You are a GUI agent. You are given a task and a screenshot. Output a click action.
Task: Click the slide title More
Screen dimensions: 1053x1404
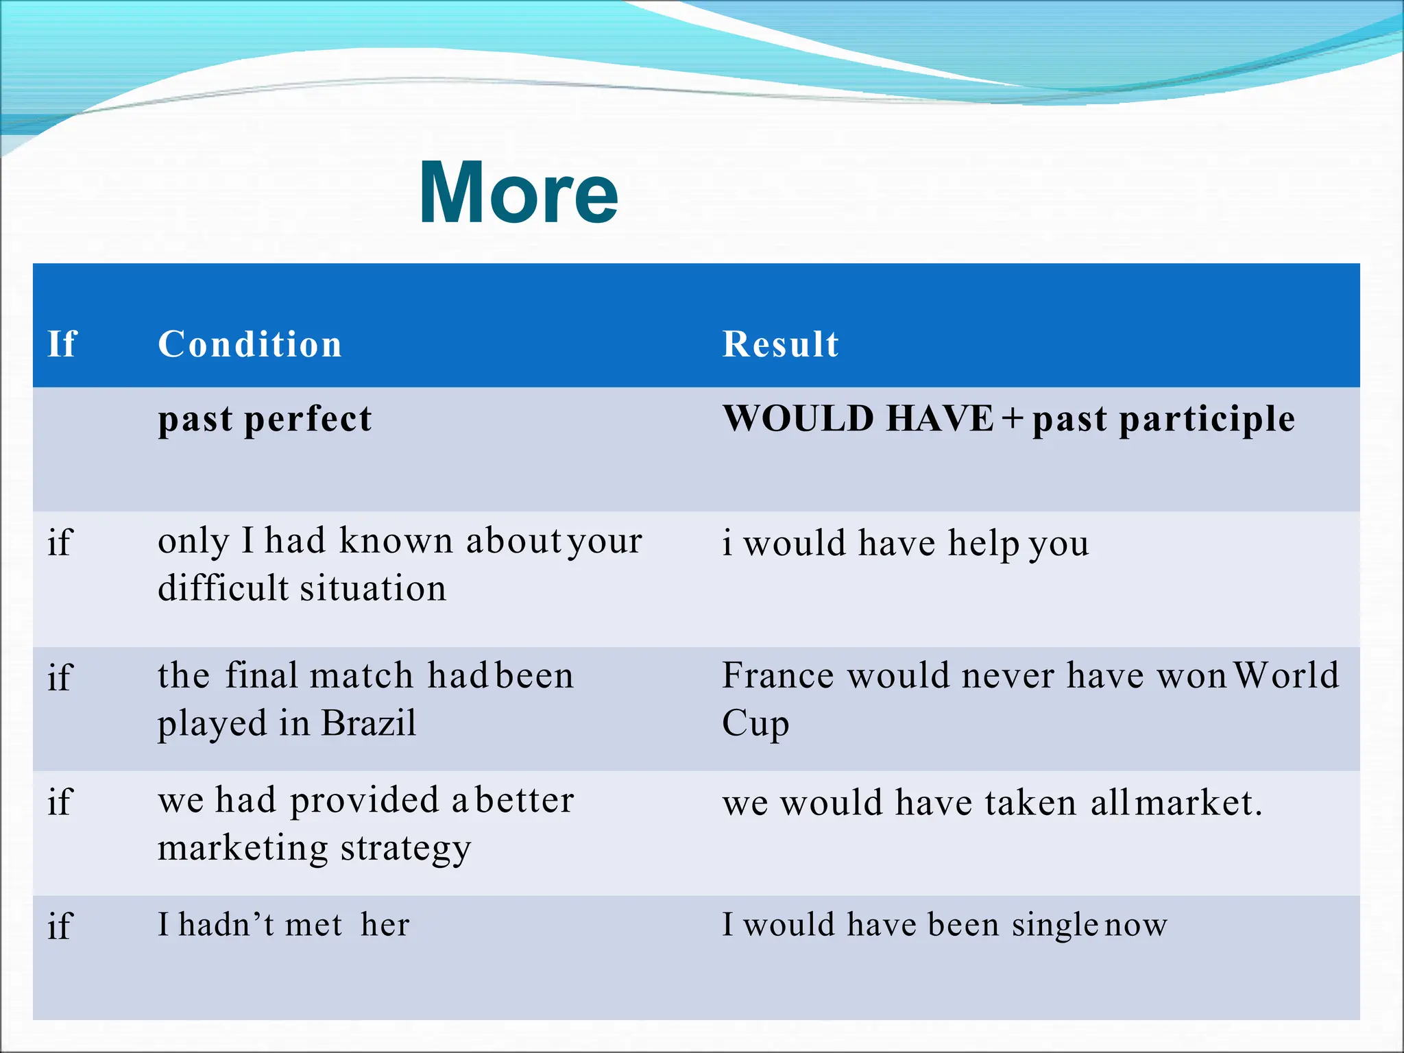pyautogui.click(x=518, y=193)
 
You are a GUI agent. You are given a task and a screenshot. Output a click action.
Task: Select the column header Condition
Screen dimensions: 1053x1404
pyautogui.click(x=250, y=343)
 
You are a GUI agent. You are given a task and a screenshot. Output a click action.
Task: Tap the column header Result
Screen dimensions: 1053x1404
pyautogui.click(x=780, y=343)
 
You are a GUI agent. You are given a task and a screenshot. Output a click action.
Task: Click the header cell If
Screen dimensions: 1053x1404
pyautogui.click(x=62, y=343)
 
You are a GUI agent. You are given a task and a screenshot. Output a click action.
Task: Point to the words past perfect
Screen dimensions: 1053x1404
pyautogui.click(x=265, y=419)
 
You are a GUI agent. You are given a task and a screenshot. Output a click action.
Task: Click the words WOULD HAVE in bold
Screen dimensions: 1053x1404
pyautogui.click(x=858, y=418)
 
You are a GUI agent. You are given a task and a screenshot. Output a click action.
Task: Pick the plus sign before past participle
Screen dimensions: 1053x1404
pyautogui.click(x=1013, y=418)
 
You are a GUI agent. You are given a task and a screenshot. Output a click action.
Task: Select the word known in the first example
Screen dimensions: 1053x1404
pyautogui.click(x=396, y=541)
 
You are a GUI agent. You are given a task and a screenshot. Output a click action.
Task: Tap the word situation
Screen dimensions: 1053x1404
pyautogui.click(x=373, y=588)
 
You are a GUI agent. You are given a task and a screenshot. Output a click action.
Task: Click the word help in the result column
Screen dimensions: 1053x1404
pyautogui.click(x=982, y=544)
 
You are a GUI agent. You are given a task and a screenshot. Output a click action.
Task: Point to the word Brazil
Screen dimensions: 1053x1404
pyautogui.click(x=368, y=723)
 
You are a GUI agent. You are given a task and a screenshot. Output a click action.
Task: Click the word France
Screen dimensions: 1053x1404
pyautogui.click(x=778, y=676)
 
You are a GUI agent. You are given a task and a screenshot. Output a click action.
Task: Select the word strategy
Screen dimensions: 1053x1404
pyautogui.click(x=406, y=849)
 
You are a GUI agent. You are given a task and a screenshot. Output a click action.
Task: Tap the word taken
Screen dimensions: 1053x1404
pyautogui.click(x=1030, y=803)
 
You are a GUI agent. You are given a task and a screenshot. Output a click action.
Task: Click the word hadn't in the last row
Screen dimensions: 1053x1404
pyautogui.click(x=226, y=925)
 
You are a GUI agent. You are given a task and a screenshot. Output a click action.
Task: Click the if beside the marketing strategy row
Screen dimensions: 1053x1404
pyautogui.click(x=60, y=801)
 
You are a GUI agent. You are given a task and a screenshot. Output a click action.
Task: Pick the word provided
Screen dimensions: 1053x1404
pyautogui.click(x=364, y=801)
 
